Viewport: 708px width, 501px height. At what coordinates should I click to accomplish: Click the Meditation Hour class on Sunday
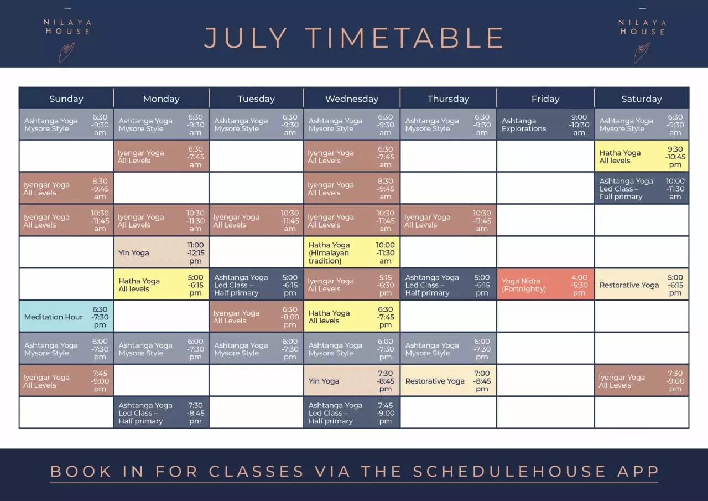(x=66, y=316)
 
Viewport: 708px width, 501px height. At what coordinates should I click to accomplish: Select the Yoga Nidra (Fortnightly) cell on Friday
(x=545, y=284)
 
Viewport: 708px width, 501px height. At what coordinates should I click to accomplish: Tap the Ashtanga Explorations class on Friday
(x=545, y=124)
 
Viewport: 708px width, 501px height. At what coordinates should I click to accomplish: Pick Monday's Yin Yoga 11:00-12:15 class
(x=161, y=252)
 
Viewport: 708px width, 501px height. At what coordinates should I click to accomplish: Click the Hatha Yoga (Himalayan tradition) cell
(x=351, y=252)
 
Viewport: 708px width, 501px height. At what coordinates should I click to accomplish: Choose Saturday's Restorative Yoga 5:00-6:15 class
(x=642, y=284)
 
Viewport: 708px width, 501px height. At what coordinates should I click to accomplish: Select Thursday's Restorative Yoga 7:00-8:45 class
(x=448, y=380)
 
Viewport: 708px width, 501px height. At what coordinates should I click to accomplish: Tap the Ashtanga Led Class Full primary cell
(x=642, y=188)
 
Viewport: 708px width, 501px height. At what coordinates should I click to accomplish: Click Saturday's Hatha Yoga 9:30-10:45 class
(x=642, y=156)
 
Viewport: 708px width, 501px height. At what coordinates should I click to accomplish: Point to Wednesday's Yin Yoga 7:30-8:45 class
(x=351, y=380)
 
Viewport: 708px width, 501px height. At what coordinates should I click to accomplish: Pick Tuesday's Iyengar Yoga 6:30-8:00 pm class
(x=256, y=316)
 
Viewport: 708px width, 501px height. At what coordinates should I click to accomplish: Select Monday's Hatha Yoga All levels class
(x=161, y=284)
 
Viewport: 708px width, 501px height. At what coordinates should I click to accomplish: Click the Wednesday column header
(x=352, y=99)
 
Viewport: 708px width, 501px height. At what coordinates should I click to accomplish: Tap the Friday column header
(x=545, y=99)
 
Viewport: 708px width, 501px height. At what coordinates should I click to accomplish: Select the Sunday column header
(x=66, y=99)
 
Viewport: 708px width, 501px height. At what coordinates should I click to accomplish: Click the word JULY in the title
(x=246, y=38)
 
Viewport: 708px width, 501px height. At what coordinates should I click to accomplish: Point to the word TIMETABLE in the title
(x=405, y=38)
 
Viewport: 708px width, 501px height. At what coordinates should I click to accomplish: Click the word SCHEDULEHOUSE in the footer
(x=509, y=471)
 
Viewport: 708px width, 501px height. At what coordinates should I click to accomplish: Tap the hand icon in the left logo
(x=67, y=52)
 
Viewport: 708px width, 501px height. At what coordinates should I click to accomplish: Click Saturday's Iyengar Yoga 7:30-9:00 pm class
(x=642, y=380)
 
